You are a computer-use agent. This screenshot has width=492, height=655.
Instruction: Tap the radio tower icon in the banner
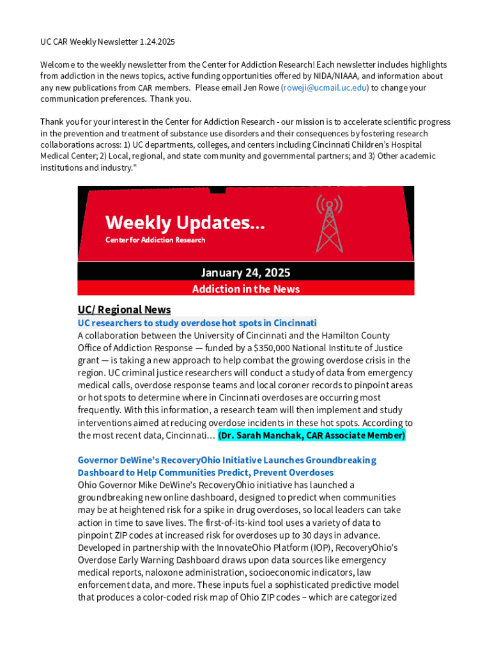(x=329, y=223)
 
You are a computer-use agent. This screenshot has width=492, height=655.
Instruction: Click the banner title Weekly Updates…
(x=185, y=223)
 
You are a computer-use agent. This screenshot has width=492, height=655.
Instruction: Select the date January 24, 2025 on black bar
(x=245, y=272)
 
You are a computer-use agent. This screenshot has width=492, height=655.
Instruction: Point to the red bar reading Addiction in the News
(x=245, y=289)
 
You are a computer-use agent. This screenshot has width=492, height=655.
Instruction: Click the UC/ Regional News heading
(x=124, y=310)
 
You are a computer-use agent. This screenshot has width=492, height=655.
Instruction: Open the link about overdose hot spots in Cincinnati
(x=197, y=323)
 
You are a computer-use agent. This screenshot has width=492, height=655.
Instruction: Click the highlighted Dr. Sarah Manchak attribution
(x=311, y=436)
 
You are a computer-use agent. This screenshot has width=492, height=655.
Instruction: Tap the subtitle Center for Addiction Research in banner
(x=155, y=240)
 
